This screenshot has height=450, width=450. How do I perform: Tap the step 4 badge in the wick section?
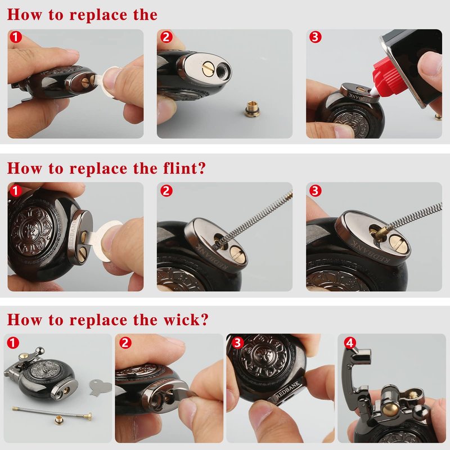[350, 343]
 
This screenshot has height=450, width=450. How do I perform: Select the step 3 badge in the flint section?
[315, 191]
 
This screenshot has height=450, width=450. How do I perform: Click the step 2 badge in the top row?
[166, 37]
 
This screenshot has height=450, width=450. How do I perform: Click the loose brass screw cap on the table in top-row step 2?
[251, 109]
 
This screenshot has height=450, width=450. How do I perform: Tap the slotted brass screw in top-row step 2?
[206, 69]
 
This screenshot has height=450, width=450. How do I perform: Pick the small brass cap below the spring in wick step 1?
[60, 420]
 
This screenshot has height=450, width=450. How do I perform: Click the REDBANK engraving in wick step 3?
[288, 389]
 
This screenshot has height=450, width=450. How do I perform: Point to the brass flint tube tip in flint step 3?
[380, 232]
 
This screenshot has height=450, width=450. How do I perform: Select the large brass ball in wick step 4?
[390, 408]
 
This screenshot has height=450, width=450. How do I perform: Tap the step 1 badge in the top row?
[16, 37]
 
